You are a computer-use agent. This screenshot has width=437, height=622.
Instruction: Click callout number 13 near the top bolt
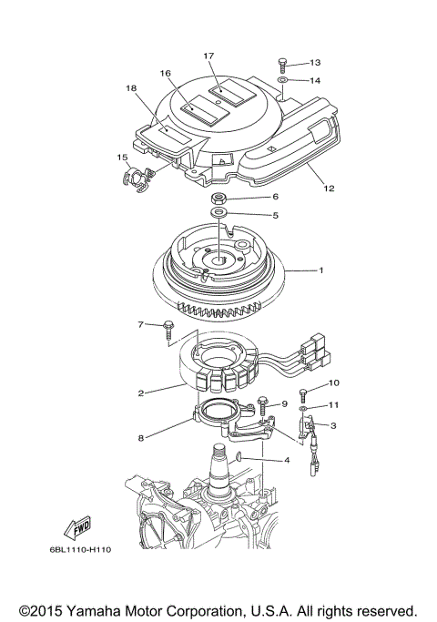(x=315, y=63)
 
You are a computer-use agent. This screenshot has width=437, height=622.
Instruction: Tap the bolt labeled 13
(x=283, y=64)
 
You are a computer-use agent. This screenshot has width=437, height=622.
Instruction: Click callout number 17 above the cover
(x=208, y=56)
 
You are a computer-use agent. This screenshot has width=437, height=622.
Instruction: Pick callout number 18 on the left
(x=131, y=88)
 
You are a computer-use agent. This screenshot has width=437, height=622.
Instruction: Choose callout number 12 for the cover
(x=329, y=189)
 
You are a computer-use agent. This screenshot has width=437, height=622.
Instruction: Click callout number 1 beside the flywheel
(x=320, y=270)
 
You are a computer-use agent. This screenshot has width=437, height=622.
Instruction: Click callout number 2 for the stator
(x=142, y=393)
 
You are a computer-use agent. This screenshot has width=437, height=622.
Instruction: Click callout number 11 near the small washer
(x=334, y=404)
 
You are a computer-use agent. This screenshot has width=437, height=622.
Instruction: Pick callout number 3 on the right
(x=333, y=425)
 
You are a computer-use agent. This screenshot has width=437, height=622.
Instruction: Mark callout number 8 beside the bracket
(x=141, y=438)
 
